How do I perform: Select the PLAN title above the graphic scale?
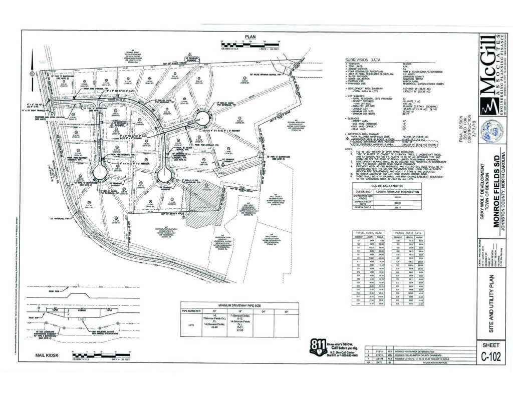tap(250, 37)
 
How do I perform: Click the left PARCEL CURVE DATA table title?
tap(368, 232)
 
